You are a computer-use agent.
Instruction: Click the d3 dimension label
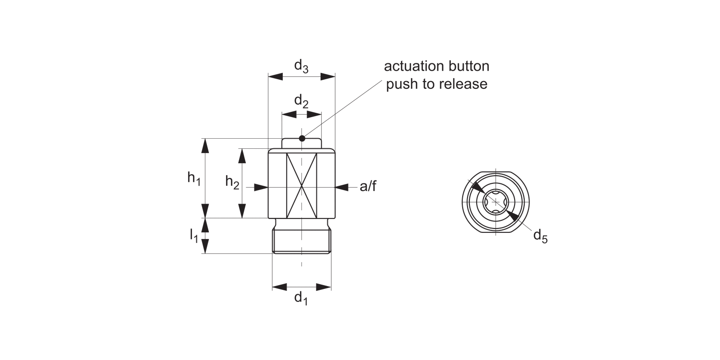301,66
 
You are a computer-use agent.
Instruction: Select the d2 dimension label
301,102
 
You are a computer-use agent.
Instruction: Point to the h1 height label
193,178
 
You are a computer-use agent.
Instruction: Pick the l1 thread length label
193,235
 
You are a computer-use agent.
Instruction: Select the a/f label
368,187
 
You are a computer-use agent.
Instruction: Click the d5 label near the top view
540,236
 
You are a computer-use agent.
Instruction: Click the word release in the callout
462,84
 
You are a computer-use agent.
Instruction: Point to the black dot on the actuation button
301,139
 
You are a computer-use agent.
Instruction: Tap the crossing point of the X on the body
301,185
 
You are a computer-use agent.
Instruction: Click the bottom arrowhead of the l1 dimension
205,247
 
